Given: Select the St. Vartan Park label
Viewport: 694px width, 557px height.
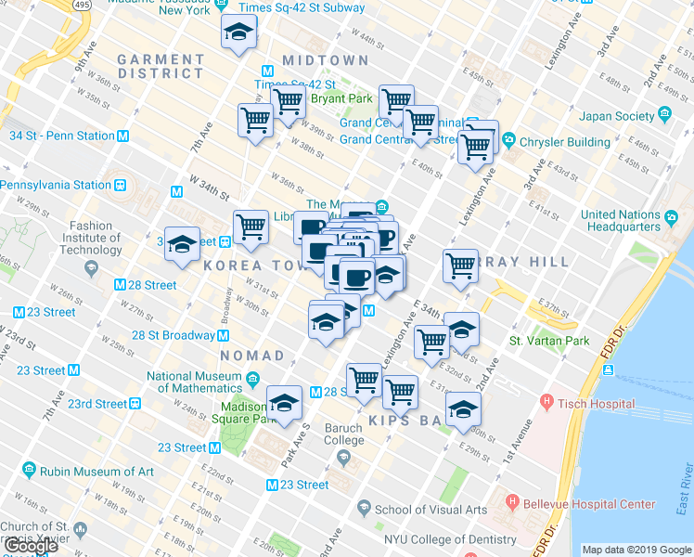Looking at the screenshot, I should click(x=549, y=341).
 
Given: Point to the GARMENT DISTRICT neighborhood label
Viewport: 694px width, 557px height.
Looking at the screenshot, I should click(x=161, y=66).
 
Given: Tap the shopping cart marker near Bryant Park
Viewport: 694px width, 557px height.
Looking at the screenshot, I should click(x=288, y=101).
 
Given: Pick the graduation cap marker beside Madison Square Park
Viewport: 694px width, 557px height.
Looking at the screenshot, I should click(x=284, y=403).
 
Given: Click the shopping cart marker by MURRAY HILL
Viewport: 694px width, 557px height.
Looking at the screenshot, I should click(x=460, y=266).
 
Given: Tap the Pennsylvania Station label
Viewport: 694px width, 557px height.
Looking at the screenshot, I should click(x=56, y=185).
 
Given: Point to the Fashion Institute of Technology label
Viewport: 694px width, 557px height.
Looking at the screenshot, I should click(x=95, y=238).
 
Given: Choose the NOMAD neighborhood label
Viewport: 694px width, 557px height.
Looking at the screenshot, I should click(x=252, y=356).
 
